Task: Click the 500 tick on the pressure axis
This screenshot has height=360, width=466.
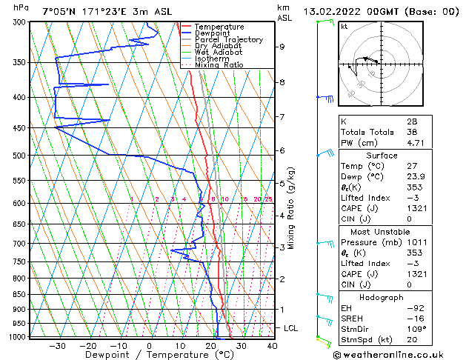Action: tap(21, 156)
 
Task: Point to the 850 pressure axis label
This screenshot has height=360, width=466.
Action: tap(21, 295)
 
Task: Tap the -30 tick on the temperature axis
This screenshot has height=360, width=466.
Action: tap(57, 346)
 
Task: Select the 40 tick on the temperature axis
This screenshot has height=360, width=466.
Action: tap(272, 346)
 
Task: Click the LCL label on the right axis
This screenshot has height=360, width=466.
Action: tap(291, 327)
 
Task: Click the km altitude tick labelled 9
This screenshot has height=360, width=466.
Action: tap(282, 47)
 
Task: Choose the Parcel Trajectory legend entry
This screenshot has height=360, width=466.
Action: tap(228, 40)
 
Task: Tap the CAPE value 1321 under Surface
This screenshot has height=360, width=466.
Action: tap(414, 208)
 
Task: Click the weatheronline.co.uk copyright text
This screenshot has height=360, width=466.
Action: tap(399, 354)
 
